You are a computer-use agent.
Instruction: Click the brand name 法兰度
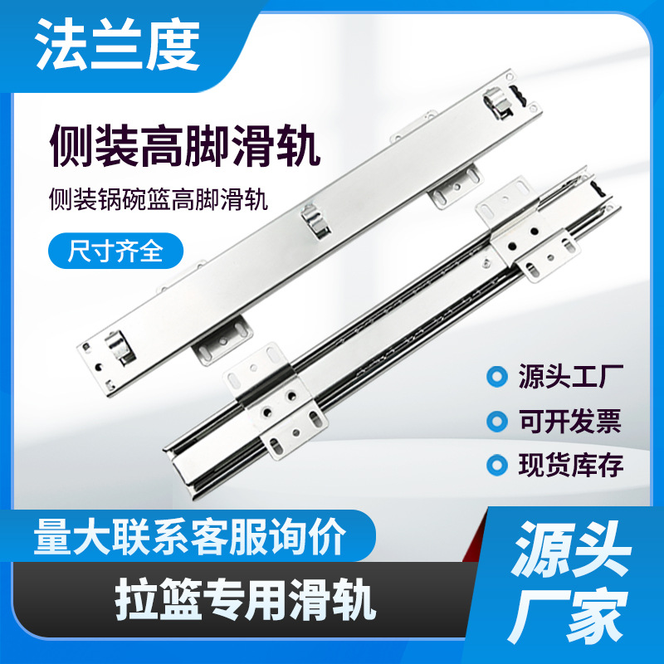click(x=117, y=45)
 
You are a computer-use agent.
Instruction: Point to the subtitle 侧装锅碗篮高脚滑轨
click(x=159, y=198)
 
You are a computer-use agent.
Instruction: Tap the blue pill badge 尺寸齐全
click(x=115, y=251)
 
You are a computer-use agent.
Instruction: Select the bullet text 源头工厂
click(x=570, y=376)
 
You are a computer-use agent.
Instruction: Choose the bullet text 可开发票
click(x=570, y=421)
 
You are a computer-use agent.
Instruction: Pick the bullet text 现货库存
click(x=570, y=465)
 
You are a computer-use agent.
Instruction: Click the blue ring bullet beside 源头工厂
click(x=496, y=377)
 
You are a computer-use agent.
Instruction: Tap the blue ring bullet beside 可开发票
click(x=496, y=421)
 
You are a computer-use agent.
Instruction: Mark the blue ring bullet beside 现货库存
click(x=496, y=465)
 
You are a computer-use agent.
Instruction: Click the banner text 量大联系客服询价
click(x=190, y=536)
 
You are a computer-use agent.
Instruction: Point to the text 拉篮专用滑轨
click(x=246, y=600)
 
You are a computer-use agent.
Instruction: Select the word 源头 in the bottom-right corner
click(x=571, y=549)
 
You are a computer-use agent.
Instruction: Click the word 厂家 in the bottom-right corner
click(x=569, y=616)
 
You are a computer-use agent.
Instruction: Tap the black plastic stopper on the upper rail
click(x=520, y=96)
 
